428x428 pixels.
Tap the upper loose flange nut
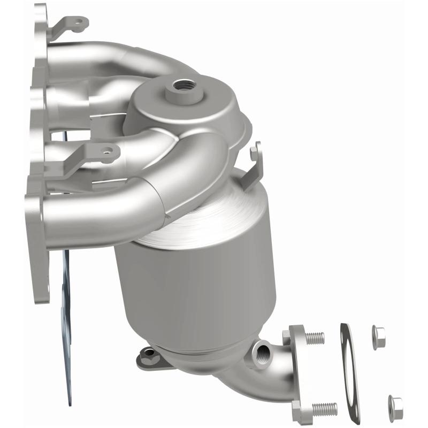379,337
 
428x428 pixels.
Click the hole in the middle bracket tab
109,153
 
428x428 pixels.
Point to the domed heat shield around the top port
193,107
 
